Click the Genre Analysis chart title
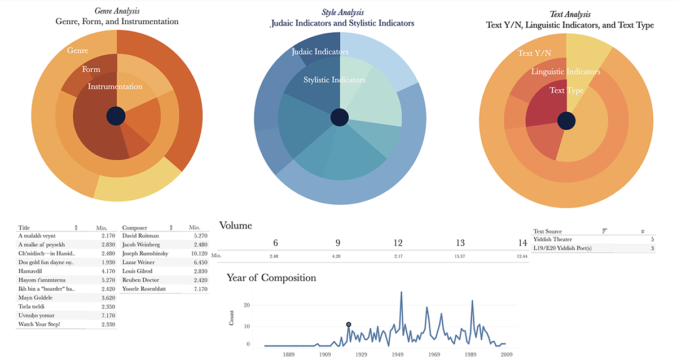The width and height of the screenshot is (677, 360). click(x=117, y=11)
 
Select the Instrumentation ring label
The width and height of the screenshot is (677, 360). click(x=115, y=86)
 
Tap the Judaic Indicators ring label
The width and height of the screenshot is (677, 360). click(x=320, y=52)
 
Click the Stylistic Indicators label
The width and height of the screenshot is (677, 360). click(x=335, y=80)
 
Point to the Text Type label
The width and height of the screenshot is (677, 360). click(x=566, y=90)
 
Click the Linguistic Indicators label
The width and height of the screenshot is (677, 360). click(x=566, y=72)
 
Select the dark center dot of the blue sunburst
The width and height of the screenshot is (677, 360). click(x=339, y=117)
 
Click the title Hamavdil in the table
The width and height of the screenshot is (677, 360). click(x=32, y=271)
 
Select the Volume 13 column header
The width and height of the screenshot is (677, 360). click(x=460, y=243)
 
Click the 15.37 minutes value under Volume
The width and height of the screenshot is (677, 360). click(x=460, y=256)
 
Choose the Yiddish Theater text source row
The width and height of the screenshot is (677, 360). click(x=553, y=239)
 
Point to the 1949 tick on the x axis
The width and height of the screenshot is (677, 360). click(x=397, y=354)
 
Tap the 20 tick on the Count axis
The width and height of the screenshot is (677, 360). click(x=246, y=305)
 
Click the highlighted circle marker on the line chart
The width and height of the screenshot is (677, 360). click(x=349, y=324)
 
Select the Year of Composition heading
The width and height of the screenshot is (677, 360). click(x=271, y=278)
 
